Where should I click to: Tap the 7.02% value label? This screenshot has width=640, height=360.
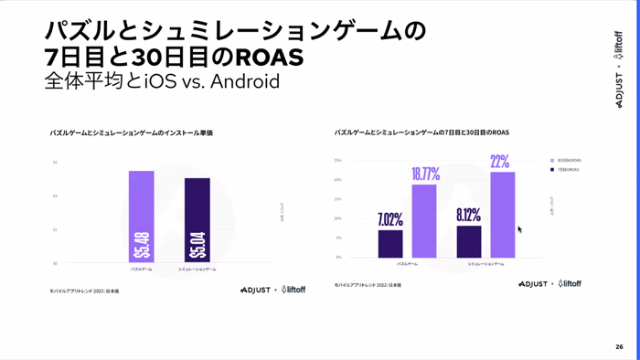(x=390, y=219)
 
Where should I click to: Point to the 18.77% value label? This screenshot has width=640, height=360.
(x=425, y=175)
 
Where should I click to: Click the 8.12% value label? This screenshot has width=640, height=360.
(x=469, y=216)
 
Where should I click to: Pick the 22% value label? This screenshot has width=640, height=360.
(x=500, y=163)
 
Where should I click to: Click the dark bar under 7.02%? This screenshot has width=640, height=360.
(x=390, y=244)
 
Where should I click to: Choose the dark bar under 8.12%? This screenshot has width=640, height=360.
(x=469, y=242)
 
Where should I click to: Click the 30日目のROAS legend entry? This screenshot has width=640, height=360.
(x=566, y=160)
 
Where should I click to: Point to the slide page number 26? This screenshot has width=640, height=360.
(x=619, y=347)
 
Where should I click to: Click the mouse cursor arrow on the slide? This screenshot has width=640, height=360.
(x=520, y=229)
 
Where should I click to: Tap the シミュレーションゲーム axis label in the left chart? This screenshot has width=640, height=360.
(x=197, y=270)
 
